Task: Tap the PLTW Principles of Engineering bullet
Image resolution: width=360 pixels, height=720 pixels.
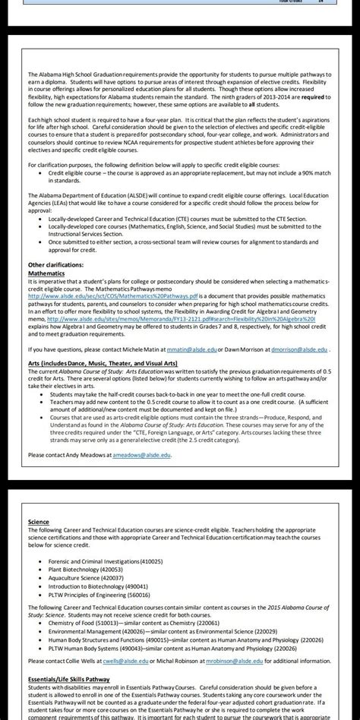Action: click(x=103, y=596)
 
